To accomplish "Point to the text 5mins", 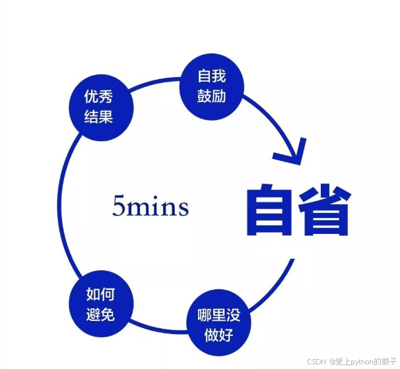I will tap(150, 207).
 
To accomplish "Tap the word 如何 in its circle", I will tap(100, 295).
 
